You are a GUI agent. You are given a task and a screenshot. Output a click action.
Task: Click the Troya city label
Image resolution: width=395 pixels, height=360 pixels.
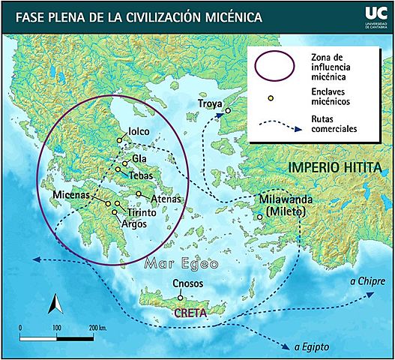point(211,103)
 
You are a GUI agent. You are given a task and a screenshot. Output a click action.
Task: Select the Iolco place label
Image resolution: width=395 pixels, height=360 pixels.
point(139,131)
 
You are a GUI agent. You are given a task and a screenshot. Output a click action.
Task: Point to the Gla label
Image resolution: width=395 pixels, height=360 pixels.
point(139,159)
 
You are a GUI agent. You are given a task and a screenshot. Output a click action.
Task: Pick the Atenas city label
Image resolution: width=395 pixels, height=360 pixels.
point(166,199)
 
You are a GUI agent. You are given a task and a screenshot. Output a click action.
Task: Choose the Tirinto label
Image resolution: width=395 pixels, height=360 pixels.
point(142,213)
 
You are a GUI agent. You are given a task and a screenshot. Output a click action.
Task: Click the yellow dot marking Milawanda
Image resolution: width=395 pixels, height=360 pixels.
point(259,217)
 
